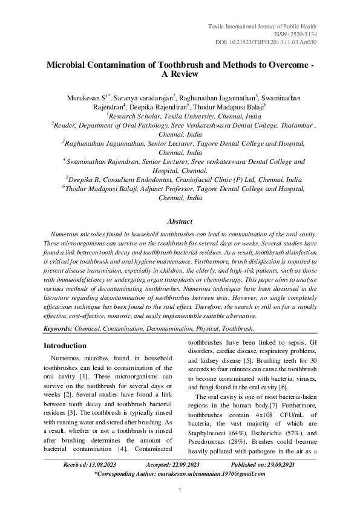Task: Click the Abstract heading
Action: tap(180, 222)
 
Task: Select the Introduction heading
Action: tap(66, 346)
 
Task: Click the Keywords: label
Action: tap(58, 328)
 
